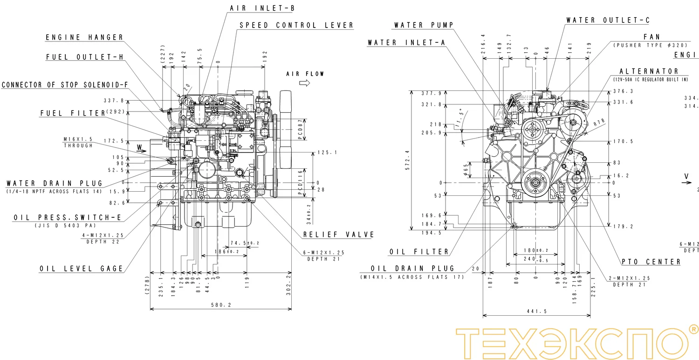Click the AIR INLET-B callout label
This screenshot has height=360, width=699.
tap(262, 8)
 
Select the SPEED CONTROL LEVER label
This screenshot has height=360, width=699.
tap(296, 25)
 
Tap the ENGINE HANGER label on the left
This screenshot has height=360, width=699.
tap(84, 37)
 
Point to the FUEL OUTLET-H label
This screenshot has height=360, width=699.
tap(84, 57)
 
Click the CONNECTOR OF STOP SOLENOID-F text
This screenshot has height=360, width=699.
tap(64, 85)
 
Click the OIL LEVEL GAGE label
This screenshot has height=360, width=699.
tap(82, 269)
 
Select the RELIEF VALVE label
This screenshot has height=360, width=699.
tap(338, 235)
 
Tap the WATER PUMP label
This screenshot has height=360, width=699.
tap(423, 25)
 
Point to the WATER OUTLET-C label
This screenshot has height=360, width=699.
tap(608, 21)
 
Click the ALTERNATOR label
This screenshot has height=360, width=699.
tap(649, 71)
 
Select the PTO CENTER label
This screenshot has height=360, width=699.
tap(651, 262)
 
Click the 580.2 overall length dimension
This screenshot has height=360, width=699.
tap(221, 305)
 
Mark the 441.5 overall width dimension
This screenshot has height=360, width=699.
tap(536, 312)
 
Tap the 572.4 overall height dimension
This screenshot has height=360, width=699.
tap(407, 160)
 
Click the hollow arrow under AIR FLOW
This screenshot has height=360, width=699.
tap(305, 83)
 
